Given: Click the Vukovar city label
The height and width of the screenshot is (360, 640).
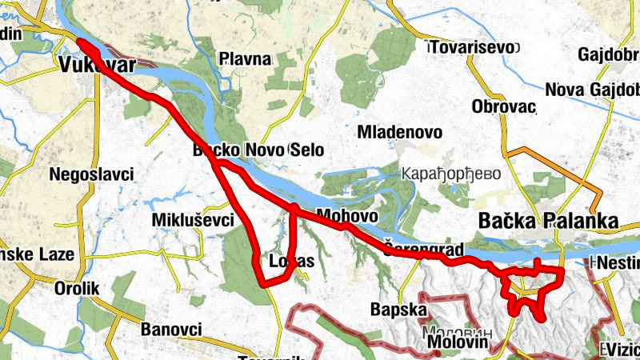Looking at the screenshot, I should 96,66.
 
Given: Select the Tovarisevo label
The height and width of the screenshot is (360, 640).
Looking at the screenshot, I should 470,47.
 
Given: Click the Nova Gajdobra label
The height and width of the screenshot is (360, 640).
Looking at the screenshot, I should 592,89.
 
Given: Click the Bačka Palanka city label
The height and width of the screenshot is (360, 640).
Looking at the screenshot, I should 548,220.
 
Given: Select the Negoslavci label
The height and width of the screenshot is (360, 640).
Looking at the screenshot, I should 90,174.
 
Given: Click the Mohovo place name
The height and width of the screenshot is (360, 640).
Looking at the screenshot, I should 346,215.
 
